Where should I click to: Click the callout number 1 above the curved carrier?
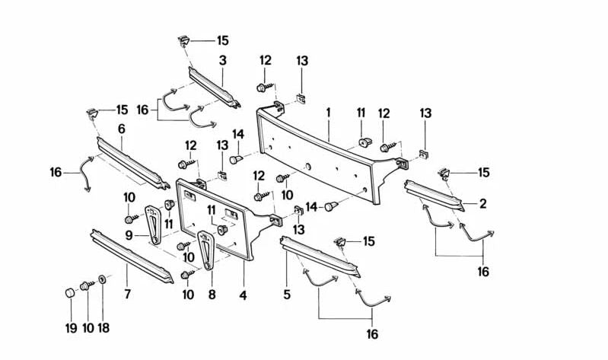[x=328, y=113]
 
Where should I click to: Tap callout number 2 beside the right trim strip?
[x=482, y=203]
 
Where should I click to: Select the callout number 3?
[x=222, y=59]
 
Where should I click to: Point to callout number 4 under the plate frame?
[x=242, y=295]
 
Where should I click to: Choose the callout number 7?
[x=127, y=295]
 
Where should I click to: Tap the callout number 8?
[x=212, y=295]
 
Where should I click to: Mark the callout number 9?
[x=130, y=236]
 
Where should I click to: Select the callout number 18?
[x=103, y=328]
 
